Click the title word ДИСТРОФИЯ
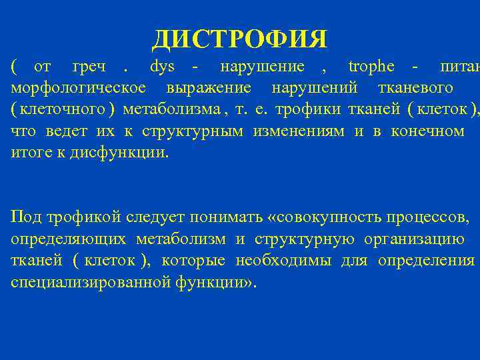pos(240,39)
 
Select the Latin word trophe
pos(371,67)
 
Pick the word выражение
pos(209,88)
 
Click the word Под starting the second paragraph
pos(25,217)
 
